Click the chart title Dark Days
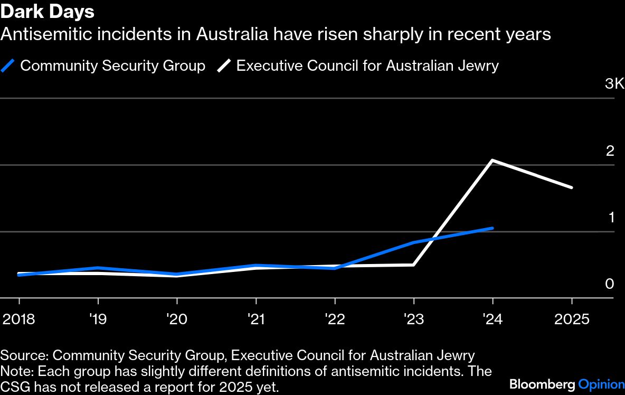(48, 12)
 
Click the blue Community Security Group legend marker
(8, 66)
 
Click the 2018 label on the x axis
(20, 320)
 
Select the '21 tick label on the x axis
(256, 320)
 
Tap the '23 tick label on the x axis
(413, 320)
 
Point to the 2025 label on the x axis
(571, 320)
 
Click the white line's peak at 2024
(493, 160)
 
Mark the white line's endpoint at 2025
(571, 187)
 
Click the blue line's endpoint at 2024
(493, 228)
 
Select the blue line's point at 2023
(413, 243)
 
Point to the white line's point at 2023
(413, 265)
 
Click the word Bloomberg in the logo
(542, 384)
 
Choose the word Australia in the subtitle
(228, 35)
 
